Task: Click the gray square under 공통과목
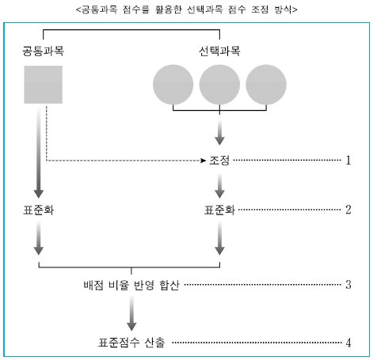(44, 85)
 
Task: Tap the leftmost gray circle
(173, 85)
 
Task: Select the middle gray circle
(219, 85)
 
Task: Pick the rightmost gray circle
(266, 85)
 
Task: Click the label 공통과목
(43, 51)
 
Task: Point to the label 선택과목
(219, 51)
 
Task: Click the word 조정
(219, 160)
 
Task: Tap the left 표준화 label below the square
(39, 210)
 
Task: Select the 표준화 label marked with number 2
(219, 210)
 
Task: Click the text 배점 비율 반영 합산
(131, 285)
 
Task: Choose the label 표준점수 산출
(131, 343)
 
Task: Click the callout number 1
(348, 160)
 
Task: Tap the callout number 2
(348, 210)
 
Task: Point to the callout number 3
(348, 285)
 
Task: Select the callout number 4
(348, 343)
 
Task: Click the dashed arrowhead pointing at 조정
(204, 161)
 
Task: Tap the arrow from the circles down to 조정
(219, 132)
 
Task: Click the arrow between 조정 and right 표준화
(219, 185)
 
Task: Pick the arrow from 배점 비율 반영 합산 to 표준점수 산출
(131, 313)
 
